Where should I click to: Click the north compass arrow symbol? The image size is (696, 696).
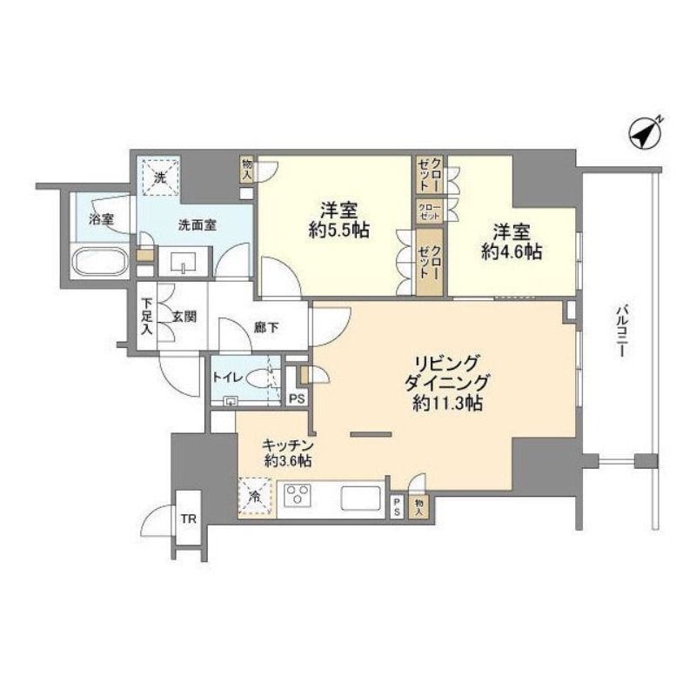(646, 132)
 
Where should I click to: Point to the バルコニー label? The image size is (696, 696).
(622, 332)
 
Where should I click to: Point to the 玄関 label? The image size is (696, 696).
(184, 317)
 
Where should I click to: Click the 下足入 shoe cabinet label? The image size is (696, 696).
(147, 316)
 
